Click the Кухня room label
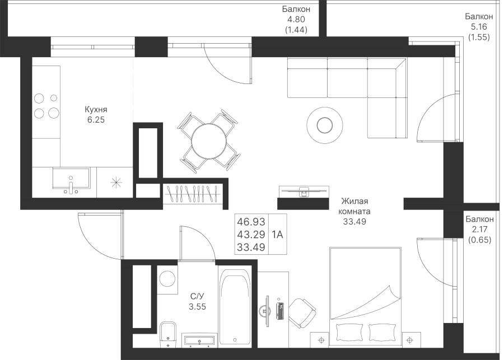(x=96, y=109)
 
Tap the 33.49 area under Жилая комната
(x=354, y=222)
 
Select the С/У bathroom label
(x=197, y=296)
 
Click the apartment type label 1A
(x=277, y=235)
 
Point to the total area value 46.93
(x=251, y=222)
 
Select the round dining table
(x=209, y=141)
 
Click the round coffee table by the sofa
(x=324, y=125)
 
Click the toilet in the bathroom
(x=168, y=334)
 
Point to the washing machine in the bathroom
(x=167, y=279)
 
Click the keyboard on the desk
(x=281, y=311)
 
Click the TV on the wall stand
(x=304, y=191)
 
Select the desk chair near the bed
(x=302, y=314)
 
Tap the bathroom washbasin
(x=199, y=341)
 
